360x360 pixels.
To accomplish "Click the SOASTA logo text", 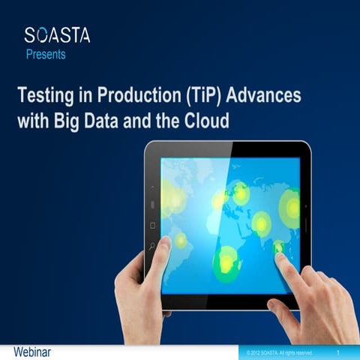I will [x=56, y=34].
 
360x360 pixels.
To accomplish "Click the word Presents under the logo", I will [x=45, y=54].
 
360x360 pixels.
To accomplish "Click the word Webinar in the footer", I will [x=31, y=352].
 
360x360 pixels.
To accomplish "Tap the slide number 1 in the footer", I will [x=339, y=352].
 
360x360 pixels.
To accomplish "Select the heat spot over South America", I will [x=181, y=240].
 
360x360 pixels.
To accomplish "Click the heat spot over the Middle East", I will [x=260, y=222].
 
